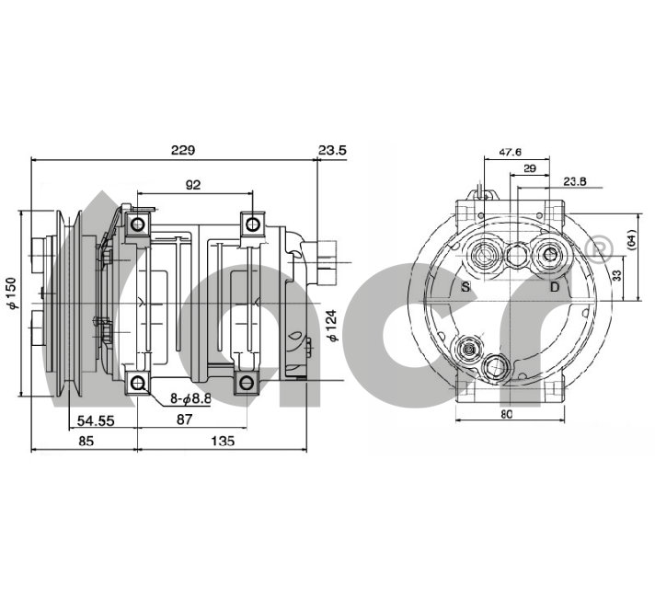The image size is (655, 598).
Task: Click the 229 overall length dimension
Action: click(x=183, y=150)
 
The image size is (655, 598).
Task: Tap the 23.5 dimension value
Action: click(x=332, y=150)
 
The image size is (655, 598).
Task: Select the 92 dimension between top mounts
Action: click(x=192, y=185)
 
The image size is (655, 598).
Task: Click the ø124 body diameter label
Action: click(x=332, y=326)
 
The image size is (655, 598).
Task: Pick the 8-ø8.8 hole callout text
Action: click(x=190, y=398)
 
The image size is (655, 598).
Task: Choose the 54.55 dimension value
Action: click(x=96, y=420)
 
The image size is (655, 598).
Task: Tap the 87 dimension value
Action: click(x=184, y=420)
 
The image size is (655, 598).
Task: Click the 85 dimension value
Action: click(x=86, y=441)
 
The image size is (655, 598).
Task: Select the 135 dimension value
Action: click(x=223, y=441)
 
